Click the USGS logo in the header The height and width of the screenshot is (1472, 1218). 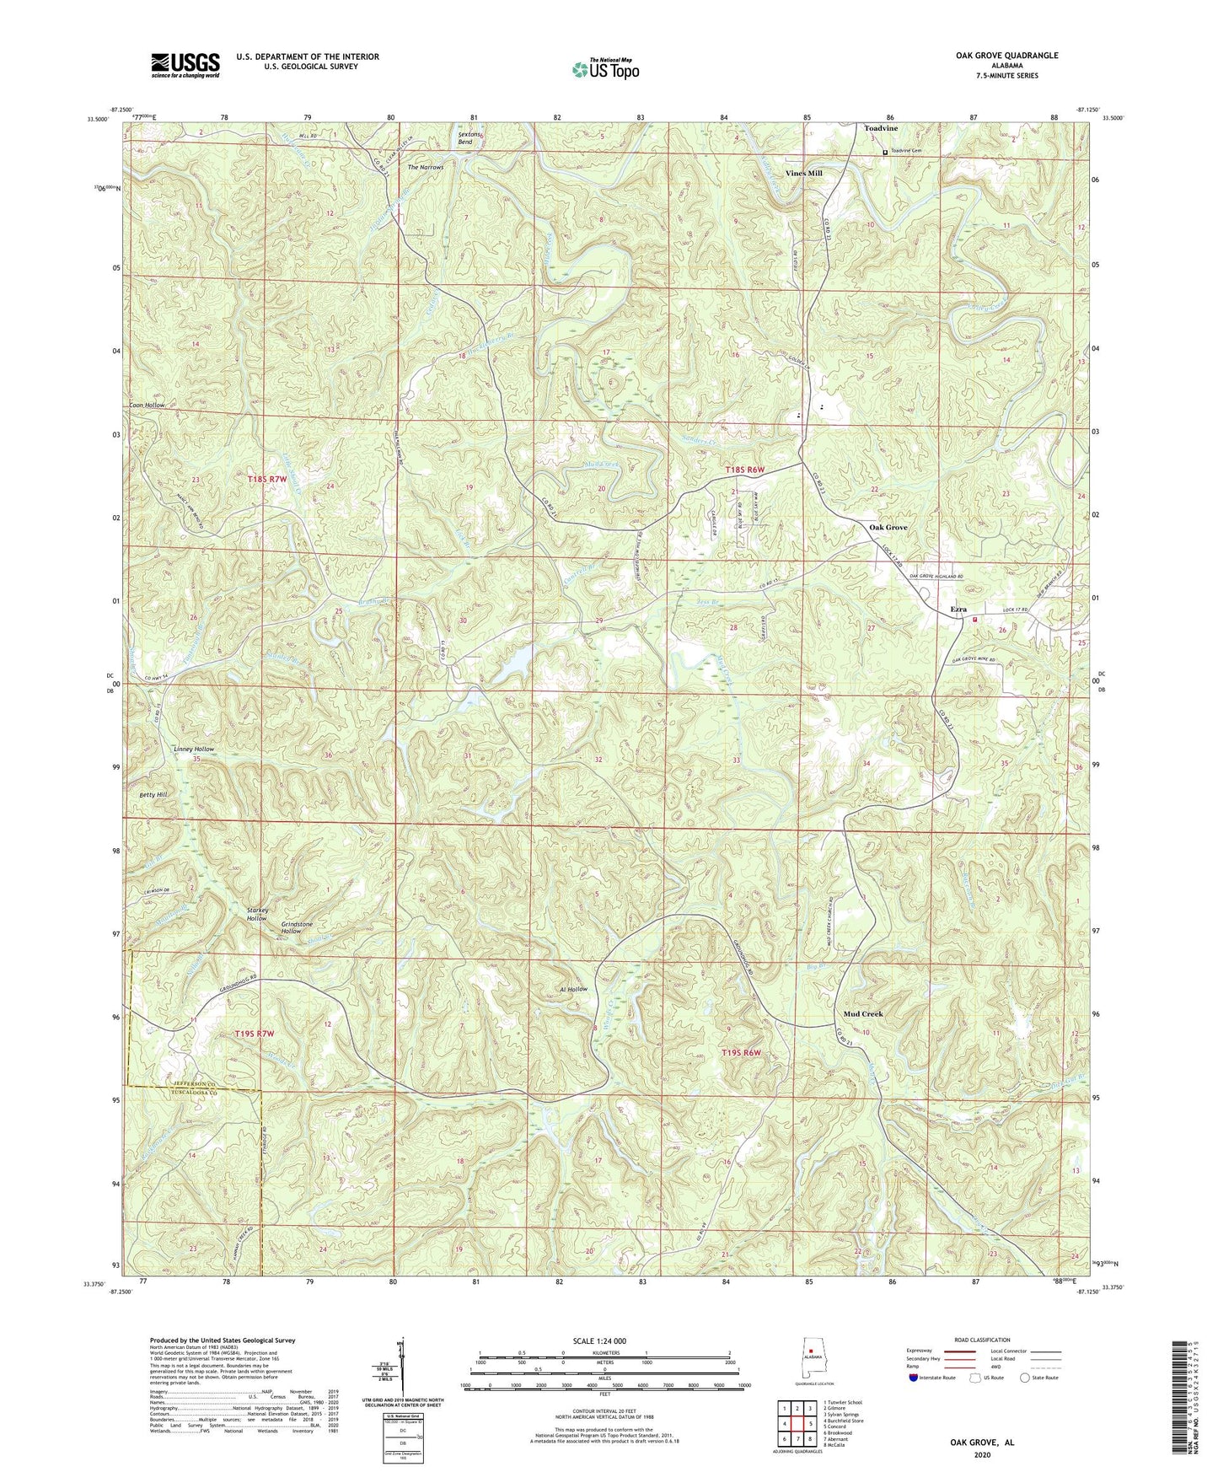(185, 65)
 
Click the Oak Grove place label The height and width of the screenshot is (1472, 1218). (888, 527)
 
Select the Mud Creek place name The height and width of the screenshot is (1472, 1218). (862, 1013)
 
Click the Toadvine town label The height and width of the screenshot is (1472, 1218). (881, 128)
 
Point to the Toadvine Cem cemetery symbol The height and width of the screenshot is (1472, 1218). (885, 153)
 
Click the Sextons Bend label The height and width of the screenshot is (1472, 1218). (469, 138)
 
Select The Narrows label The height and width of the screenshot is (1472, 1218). (426, 167)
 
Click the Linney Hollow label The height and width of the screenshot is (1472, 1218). (194, 749)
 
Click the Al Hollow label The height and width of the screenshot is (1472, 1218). (572, 989)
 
